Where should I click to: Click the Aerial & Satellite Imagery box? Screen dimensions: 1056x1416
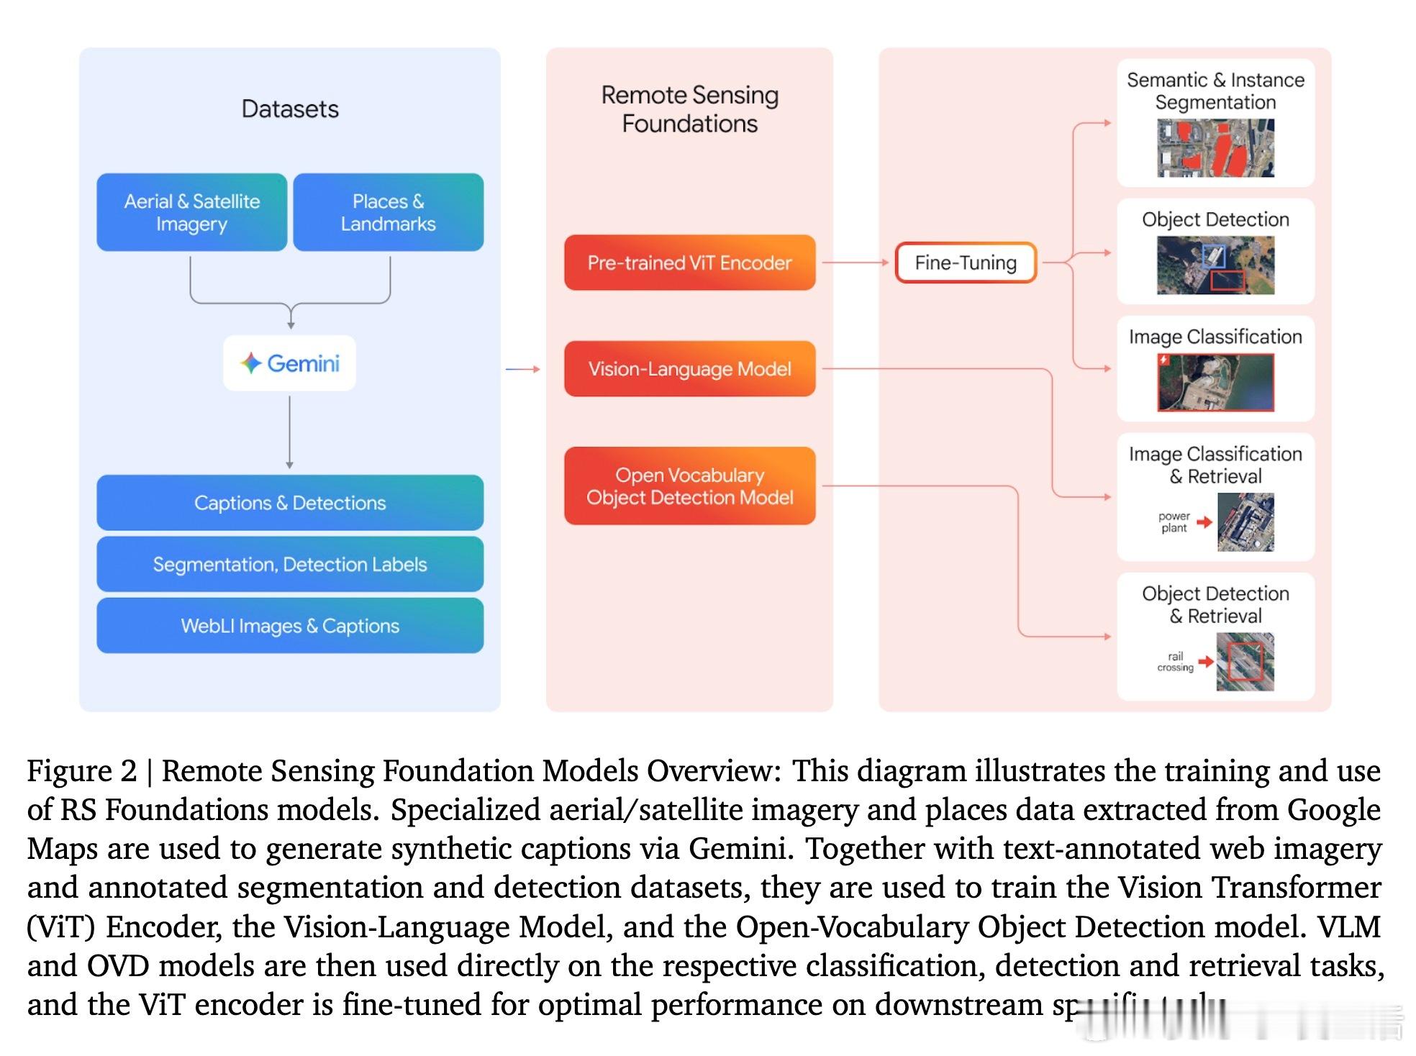click(191, 212)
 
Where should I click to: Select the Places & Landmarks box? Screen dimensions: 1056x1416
click(388, 212)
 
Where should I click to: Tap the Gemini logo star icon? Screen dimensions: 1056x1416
click(250, 363)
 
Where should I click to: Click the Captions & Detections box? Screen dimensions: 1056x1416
click(290, 503)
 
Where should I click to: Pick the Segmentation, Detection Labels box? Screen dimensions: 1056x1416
click(290, 565)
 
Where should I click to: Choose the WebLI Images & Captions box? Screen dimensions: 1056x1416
click(290, 626)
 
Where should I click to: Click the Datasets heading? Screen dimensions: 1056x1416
click(290, 109)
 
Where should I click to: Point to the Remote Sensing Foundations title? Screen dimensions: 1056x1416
click(689, 109)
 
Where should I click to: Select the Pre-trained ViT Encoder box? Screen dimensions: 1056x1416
click(689, 263)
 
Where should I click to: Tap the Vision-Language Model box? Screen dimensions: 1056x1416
click(689, 369)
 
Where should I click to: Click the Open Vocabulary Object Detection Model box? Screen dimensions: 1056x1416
click(689, 486)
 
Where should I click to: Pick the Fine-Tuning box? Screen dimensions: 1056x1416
click(966, 263)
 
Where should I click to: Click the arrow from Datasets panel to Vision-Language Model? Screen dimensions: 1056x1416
click(522, 369)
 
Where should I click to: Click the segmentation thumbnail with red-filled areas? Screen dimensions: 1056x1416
click(1215, 148)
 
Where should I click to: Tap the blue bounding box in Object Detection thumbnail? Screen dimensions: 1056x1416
click(1213, 255)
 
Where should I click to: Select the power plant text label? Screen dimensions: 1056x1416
click(1174, 522)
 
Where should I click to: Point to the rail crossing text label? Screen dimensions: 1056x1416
click(1175, 662)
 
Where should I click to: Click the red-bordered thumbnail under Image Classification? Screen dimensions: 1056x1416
click(1215, 383)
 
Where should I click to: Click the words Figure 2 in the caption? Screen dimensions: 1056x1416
click(81, 771)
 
